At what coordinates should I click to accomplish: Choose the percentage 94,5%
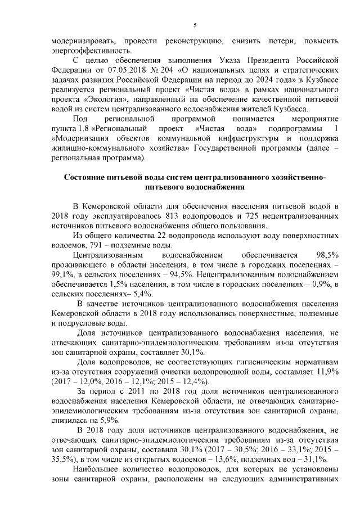183,274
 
